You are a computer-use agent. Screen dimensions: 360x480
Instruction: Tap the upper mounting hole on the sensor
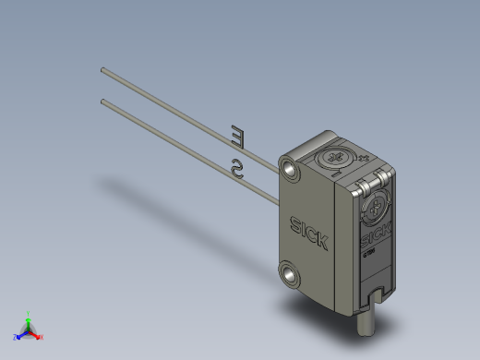click(x=294, y=167)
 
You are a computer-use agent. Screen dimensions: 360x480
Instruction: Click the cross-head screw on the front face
click(x=377, y=209)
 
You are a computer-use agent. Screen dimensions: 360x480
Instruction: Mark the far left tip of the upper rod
click(x=102, y=68)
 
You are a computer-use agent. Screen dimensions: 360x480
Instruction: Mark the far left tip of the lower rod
click(x=102, y=101)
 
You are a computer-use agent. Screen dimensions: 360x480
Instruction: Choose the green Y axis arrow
click(x=29, y=319)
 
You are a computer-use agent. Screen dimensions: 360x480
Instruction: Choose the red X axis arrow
click(x=37, y=335)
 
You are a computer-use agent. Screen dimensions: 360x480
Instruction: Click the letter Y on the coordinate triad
click(x=29, y=313)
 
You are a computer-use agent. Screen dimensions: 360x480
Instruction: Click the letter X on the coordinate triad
click(x=42, y=337)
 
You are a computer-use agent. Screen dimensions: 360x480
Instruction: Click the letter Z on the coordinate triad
click(x=16, y=338)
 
